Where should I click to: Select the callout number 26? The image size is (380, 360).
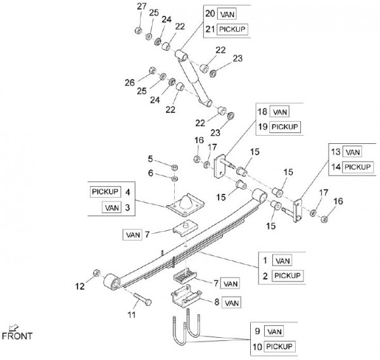[130, 83]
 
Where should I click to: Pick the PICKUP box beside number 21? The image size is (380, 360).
[231, 30]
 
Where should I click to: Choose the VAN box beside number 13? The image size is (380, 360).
[353, 152]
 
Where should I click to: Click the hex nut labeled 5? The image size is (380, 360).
[174, 166]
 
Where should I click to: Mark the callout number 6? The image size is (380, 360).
[151, 173]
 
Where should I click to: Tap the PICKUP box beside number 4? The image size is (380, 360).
[105, 191]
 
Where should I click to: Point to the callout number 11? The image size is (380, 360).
[133, 314]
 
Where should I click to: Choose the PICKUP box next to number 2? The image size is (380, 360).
[288, 276]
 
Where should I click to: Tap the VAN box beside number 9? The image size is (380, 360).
[274, 331]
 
